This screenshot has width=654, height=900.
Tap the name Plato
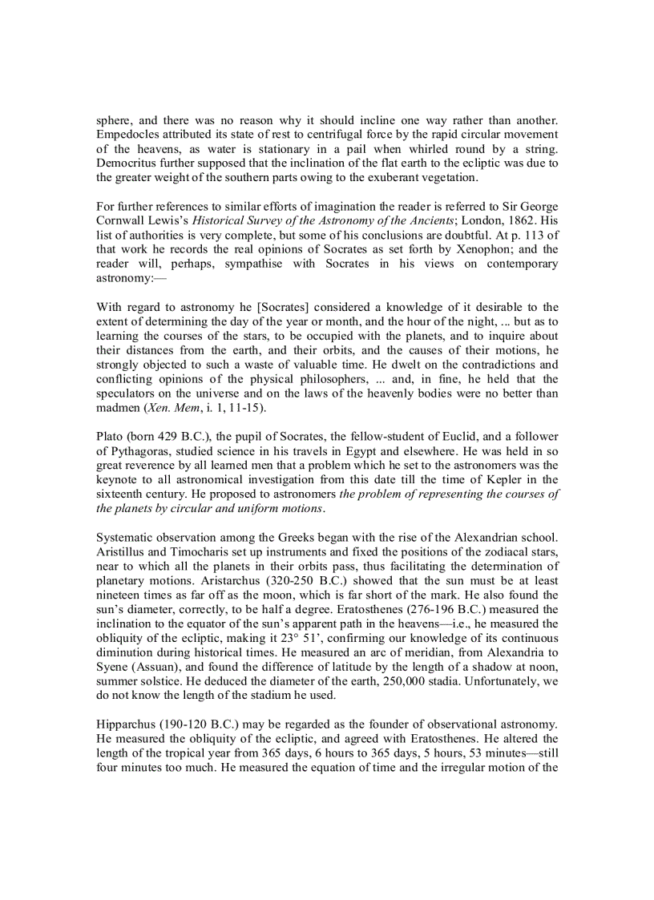click(110, 438)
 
